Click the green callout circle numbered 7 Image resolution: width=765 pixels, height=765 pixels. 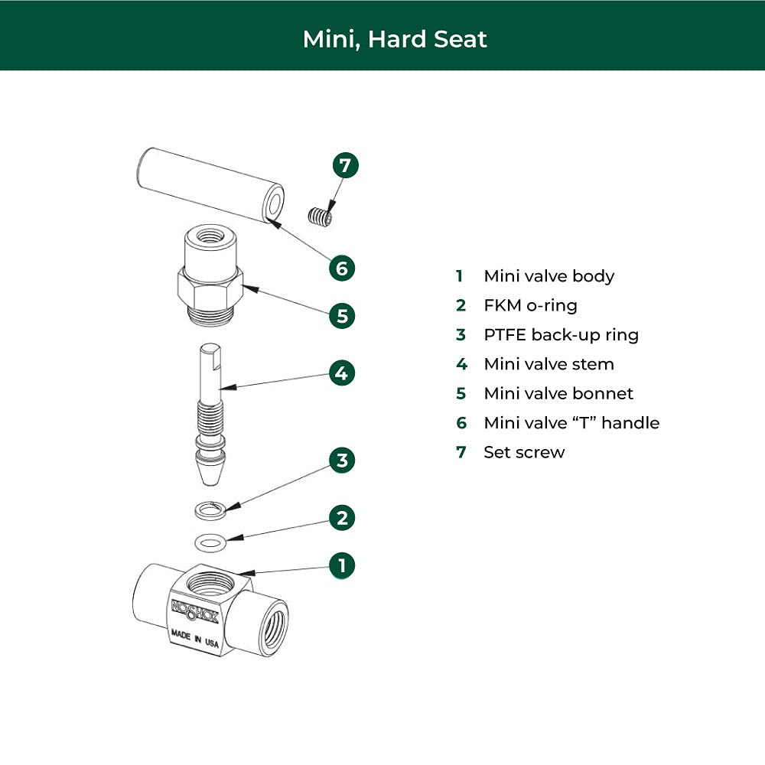346,165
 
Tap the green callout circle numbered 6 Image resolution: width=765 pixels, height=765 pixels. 341,268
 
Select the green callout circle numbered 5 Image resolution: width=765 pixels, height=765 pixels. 341,316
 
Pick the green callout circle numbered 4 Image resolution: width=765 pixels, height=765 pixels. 341,373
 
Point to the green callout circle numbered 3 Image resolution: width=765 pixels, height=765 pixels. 341,460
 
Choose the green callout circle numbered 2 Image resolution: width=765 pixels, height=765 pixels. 341,518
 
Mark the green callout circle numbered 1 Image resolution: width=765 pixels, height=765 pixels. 341,565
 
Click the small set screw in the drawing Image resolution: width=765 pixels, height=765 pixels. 321,216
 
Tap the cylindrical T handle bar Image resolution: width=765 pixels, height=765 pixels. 210,185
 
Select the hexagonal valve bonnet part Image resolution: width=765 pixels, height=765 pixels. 210,275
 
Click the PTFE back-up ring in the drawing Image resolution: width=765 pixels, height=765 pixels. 210,511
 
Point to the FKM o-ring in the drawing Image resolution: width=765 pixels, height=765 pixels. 210,543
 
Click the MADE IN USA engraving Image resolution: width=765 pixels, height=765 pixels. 194,639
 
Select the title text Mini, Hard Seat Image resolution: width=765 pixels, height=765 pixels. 395,40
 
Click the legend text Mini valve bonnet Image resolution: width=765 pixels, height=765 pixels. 558,393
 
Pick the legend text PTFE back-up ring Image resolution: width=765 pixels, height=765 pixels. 561,335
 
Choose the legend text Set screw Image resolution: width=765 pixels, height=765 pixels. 524,452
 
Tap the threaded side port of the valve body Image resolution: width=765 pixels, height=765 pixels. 274,626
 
